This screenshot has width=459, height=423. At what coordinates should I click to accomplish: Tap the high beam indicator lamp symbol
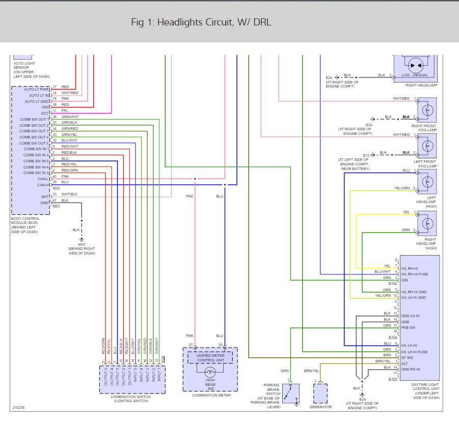pyautogui.click(x=210, y=372)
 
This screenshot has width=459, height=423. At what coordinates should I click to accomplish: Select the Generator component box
pyautogui.click(x=321, y=393)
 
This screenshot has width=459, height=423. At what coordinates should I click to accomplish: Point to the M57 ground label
pyautogui.click(x=81, y=244)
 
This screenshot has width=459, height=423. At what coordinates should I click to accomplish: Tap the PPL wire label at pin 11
pyautogui.click(x=65, y=110)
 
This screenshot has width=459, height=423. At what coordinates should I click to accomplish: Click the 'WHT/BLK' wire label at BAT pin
pyautogui.click(x=69, y=194)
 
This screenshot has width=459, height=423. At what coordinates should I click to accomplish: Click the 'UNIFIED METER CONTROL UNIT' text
pyautogui.click(x=210, y=358)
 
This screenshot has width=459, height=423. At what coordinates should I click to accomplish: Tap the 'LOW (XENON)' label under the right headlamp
pyautogui.click(x=414, y=75)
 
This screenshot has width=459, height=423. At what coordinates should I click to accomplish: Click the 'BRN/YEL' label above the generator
pyautogui.click(x=312, y=371)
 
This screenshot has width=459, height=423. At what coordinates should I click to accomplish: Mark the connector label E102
pyautogui.click(x=393, y=283)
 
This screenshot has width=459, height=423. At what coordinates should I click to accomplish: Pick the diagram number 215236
pyautogui.click(x=19, y=407)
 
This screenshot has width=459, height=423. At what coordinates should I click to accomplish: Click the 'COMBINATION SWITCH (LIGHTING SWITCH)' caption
pyautogui.click(x=132, y=399)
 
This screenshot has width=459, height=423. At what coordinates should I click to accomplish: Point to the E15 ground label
pyautogui.click(x=366, y=155)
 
